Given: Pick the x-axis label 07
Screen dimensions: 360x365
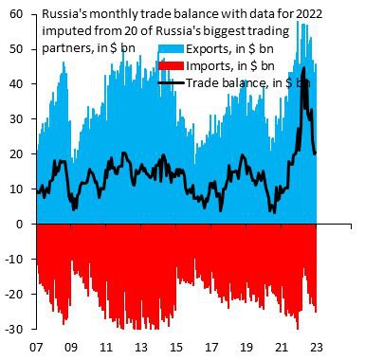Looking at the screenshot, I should pyautogui.click(x=36, y=346).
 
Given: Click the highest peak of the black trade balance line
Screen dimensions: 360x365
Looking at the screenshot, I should pyautogui.click(x=302, y=68).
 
